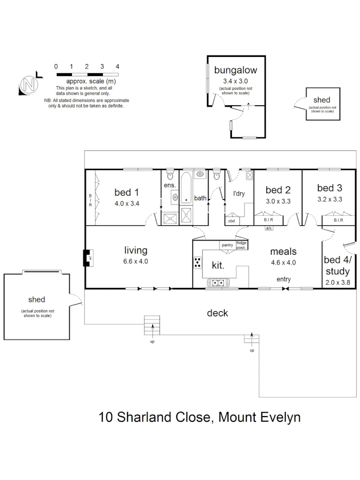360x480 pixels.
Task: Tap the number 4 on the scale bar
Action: (117, 66)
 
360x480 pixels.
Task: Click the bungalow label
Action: (236, 70)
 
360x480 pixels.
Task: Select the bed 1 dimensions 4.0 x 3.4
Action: (127, 204)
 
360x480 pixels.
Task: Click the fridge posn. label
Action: (241, 245)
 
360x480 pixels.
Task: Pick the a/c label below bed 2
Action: (269, 228)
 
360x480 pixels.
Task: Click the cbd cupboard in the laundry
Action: (232, 220)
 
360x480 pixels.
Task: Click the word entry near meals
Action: (283, 279)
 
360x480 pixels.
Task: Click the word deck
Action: (218, 313)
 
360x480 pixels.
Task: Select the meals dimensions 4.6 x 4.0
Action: (283, 262)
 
